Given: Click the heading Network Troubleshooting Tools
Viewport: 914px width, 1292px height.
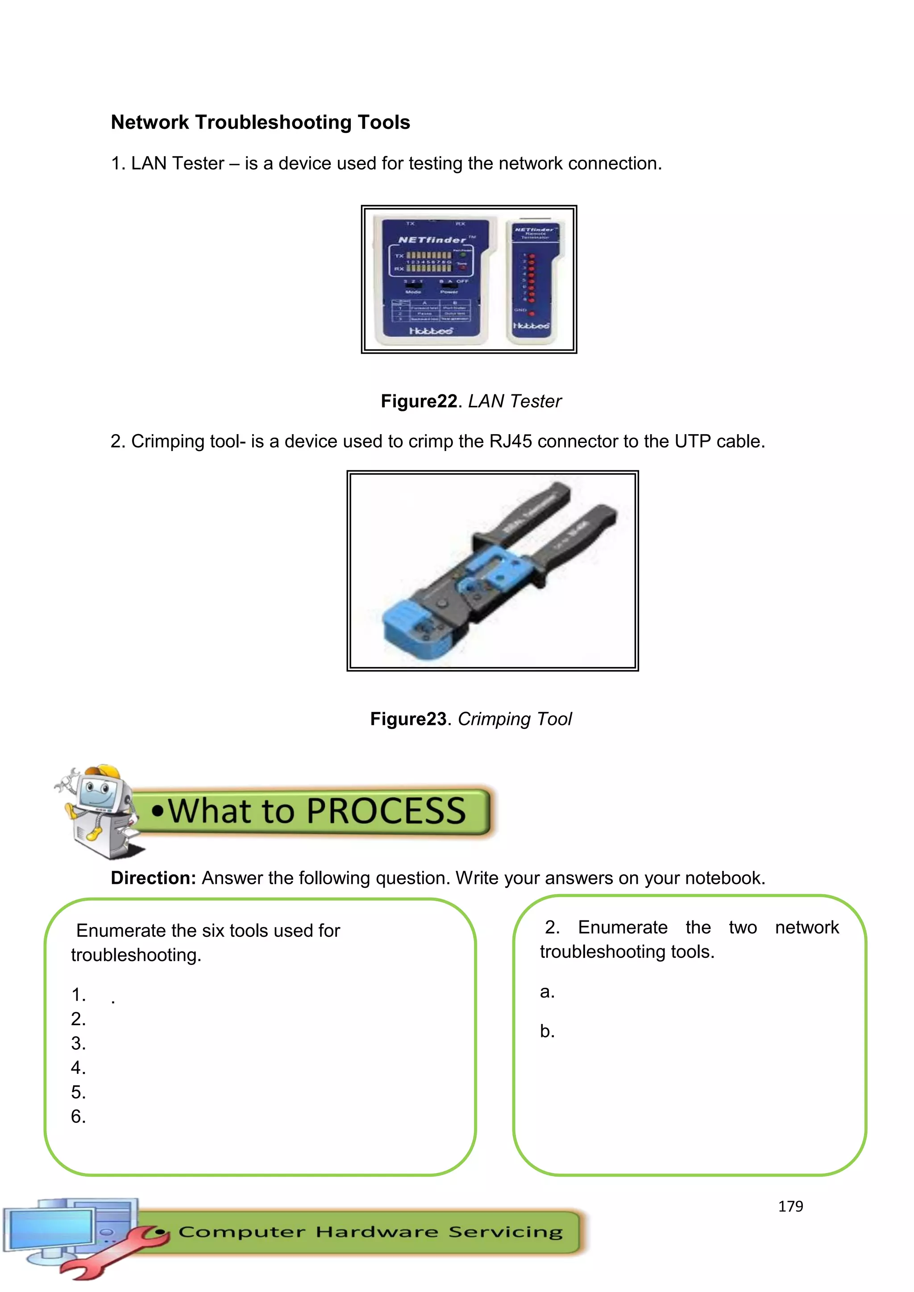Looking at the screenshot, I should [x=260, y=122].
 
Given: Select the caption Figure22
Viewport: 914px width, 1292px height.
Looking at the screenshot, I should [x=419, y=401].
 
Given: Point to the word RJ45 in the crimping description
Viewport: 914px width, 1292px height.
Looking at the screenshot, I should [x=510, y=441].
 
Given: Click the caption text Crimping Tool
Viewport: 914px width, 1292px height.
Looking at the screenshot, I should [x=515, y=719].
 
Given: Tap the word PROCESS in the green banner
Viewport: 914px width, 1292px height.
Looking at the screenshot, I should [x=386, y=811].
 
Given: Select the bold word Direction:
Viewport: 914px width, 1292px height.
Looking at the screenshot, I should [x=153, y=878].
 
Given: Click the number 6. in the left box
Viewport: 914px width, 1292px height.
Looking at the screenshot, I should [x=78, y=1116].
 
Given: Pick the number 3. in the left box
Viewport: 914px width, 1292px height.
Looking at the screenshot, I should [x=78, y=1043].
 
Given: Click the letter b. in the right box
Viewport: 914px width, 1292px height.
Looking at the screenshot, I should [x=547, y=1031].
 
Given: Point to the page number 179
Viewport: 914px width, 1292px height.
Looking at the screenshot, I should [x=790, y=1206].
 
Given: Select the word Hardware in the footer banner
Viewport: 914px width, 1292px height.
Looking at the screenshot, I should [x=377, y=1232].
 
